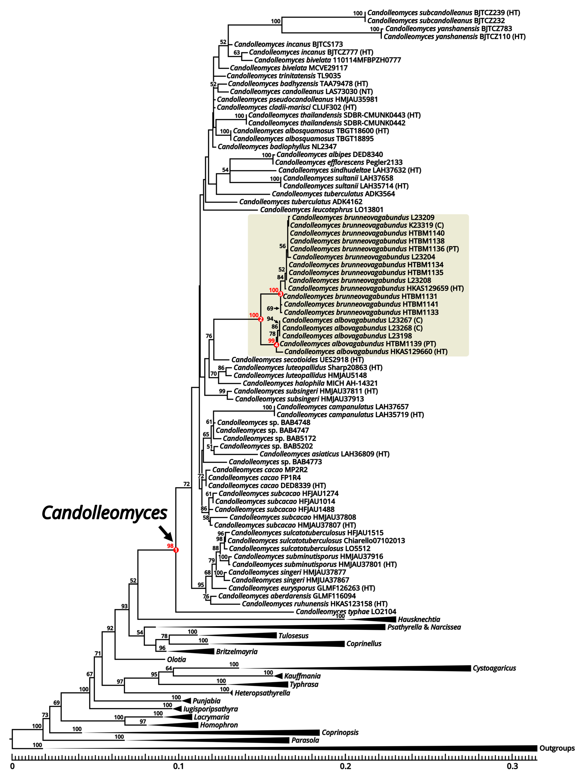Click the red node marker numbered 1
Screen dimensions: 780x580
tap(176, 550)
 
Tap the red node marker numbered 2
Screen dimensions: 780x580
tap(260, 319)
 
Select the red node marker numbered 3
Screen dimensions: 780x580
tap(280, 294)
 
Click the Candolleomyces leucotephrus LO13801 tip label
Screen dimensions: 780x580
tap(322, 210)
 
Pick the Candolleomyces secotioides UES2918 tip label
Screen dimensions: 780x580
tap(297, 360)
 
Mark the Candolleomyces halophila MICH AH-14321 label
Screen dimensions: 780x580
tap(310, 383)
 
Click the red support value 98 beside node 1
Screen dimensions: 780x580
tap(170, 546)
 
